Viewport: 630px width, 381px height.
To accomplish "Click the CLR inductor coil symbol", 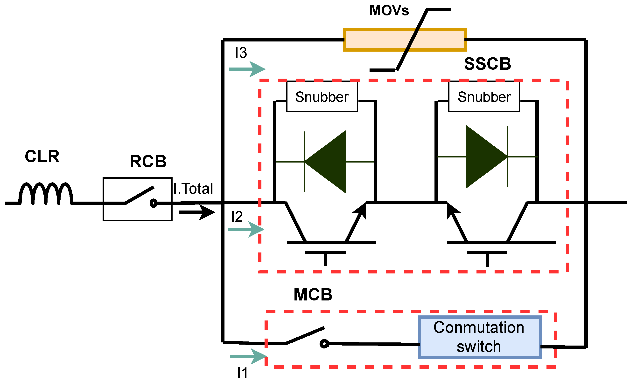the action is click(46, 193).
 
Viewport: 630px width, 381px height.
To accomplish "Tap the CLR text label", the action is click(42, 156).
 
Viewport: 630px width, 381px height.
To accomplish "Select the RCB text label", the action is click(148, 161).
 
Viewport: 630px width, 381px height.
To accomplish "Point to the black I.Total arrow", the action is click(197, 212).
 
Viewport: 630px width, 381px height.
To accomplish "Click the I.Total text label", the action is click(193, 189).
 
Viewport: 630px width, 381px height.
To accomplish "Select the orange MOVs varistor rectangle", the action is click(405, 40).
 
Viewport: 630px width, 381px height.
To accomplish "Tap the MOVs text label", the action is click(389, 11).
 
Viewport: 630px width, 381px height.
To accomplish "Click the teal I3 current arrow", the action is click(247, 69).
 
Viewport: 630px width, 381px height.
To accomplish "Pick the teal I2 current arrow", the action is click(246, 229).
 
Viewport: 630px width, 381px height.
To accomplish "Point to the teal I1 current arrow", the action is click(249, 356).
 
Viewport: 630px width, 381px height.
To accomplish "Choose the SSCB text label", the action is click(488, 64).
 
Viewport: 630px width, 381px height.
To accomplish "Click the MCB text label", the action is click(313, 294).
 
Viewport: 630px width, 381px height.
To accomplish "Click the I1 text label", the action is click(242, 373).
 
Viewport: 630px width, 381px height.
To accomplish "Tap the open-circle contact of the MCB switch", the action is click(324, 344).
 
